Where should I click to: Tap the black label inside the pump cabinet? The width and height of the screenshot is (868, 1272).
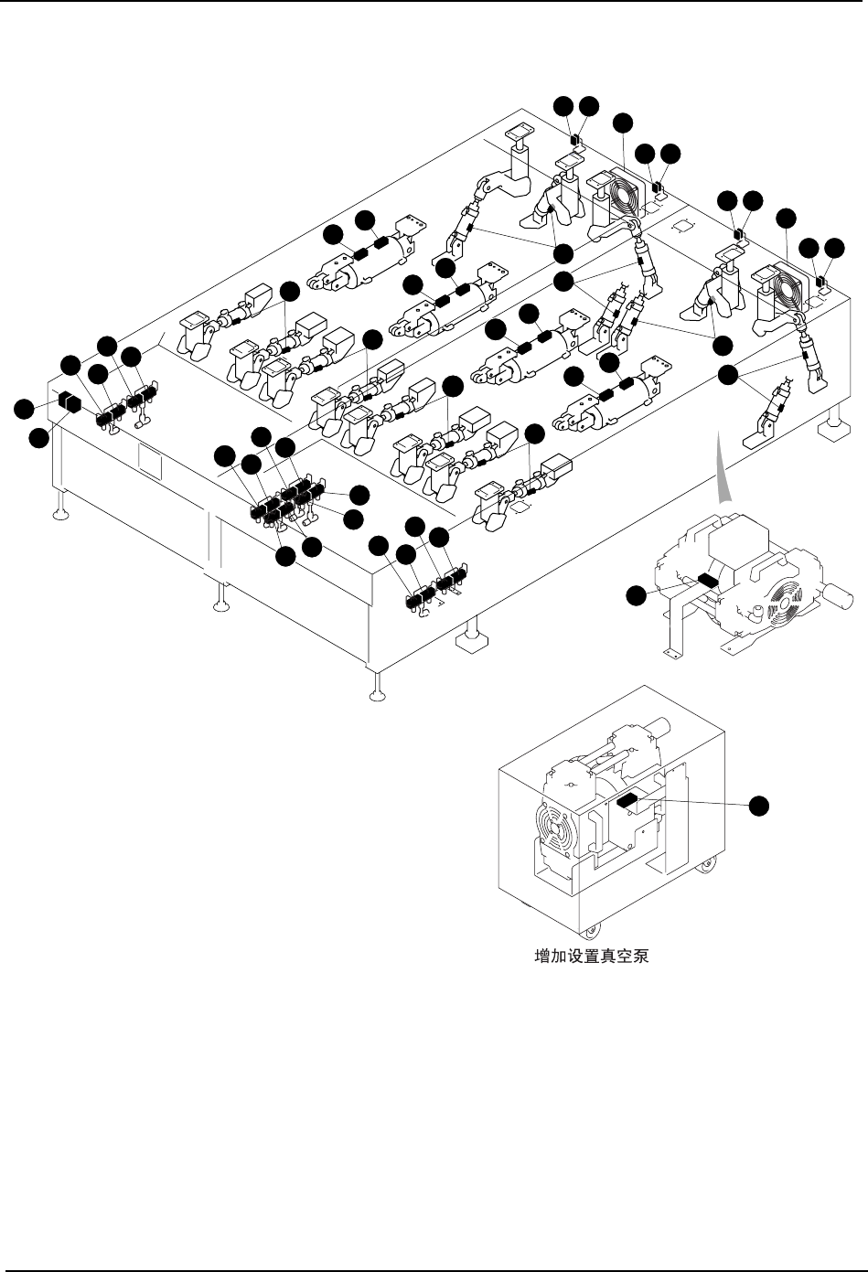[x=627, y=800]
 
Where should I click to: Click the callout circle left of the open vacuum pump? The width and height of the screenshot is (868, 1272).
[x=637, y=595]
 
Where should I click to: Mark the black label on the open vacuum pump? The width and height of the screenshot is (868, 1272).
[x=709, y=578]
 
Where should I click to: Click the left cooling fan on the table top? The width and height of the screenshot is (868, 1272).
[x=622, y=194]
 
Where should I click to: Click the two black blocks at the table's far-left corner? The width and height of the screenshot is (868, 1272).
[x=70, y=403]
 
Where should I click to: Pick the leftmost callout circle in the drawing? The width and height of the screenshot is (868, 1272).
[x=24, y=408]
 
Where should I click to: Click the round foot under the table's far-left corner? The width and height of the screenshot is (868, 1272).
[x=59, y=513]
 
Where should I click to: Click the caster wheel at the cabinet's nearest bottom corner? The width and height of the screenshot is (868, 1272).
[x=588, y=930]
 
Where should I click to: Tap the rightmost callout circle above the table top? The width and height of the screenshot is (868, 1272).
[x=834, y=248]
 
